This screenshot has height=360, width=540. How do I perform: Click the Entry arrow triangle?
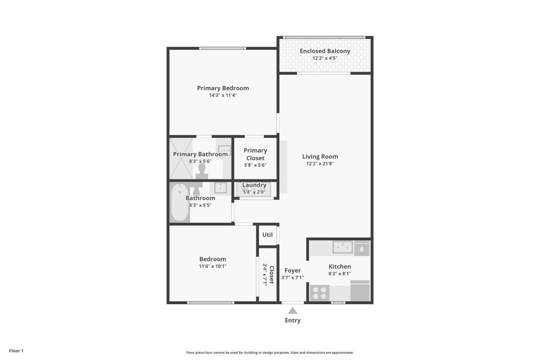[x=292, y=310]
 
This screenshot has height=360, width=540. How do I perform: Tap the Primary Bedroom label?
[x=223, y=88]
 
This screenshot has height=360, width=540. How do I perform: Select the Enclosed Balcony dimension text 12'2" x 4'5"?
[x=325, y=59]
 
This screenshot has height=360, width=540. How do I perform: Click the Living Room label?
[x=320, y=157]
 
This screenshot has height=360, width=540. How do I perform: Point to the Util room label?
[x=267, y=235]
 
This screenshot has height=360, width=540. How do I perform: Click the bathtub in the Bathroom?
[x=180, y=202]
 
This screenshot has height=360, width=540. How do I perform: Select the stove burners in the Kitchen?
[x=320, y=293]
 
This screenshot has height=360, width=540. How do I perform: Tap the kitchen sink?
[x=343, y=247]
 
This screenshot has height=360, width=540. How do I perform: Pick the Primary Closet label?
[x=255, y=154]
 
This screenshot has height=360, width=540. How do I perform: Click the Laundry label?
[x=255, y=185]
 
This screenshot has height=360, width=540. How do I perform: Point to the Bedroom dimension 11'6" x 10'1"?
[x=213, y=266]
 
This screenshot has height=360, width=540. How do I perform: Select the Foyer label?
[x=292, y=270]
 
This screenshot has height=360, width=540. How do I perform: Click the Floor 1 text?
[x=16, y=351]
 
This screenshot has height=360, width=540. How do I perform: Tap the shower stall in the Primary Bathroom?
[x=181, y=158]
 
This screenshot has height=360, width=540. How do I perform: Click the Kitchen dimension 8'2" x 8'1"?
[x=339, y=274]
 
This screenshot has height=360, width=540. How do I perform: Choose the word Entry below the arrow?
[x=292, y=321]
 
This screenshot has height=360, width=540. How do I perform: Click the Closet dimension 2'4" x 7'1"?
[x=265, y=275]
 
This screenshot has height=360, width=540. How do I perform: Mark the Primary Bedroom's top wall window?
[x=223, y=48]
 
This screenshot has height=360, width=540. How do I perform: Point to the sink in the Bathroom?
[x=220, y=187]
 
